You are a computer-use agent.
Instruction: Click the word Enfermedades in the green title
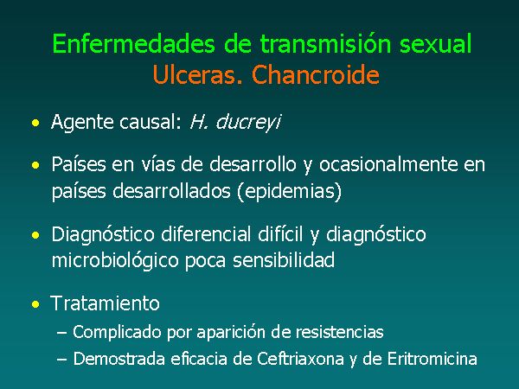[133, 44]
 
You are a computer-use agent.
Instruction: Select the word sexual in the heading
[436, 44]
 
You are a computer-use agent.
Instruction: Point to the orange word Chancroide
[316, 74]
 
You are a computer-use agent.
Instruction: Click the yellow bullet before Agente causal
[35, 123]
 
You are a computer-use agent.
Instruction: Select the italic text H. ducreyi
[235, 122]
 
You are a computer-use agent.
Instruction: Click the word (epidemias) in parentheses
[289, 191]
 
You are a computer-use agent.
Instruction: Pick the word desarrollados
[171, 191]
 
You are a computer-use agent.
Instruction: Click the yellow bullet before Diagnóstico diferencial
[35, 235]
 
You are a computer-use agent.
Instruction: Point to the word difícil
[280, 234]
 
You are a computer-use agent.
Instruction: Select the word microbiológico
[116, 261]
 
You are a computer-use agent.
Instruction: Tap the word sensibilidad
[284, 260]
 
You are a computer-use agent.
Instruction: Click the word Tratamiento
[105, 303]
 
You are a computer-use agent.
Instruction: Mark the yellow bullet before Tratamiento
[35, 304]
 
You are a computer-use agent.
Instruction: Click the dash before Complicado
[62, 332]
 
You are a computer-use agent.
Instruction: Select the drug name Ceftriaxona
[300, 359]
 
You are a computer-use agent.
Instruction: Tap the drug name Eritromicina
[432, 359]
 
